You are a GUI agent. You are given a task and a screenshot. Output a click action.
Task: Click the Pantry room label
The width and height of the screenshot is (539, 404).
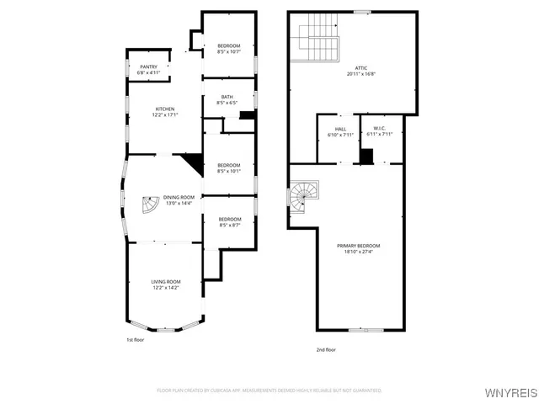[137, 66]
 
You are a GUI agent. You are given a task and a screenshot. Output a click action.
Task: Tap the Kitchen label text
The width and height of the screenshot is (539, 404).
[165, 109]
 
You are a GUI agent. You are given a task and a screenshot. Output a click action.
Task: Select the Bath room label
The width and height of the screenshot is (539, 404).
[227, 97]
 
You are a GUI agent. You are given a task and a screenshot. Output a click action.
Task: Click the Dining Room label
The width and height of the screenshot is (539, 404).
[178, 197]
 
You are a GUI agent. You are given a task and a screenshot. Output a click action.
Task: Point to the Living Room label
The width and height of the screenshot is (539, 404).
[166, 282]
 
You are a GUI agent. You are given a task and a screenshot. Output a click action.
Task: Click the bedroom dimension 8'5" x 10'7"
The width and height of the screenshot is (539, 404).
[229, 52]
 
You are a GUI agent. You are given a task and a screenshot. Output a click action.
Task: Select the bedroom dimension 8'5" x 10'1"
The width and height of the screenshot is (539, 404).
[229, 171]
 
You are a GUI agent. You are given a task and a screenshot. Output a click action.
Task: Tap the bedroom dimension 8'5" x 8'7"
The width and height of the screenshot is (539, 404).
[229, 226]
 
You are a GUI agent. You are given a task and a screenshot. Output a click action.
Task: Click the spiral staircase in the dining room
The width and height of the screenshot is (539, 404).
[149, 205]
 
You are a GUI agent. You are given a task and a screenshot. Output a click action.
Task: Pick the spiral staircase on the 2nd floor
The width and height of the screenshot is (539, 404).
[301, 199]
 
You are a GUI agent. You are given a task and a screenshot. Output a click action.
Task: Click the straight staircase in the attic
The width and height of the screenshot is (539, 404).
[318, 38]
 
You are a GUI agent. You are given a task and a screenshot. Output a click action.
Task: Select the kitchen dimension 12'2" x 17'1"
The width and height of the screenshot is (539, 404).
[165, 116]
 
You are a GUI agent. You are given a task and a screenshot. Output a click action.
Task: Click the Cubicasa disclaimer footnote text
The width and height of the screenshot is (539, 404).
[269, 391]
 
